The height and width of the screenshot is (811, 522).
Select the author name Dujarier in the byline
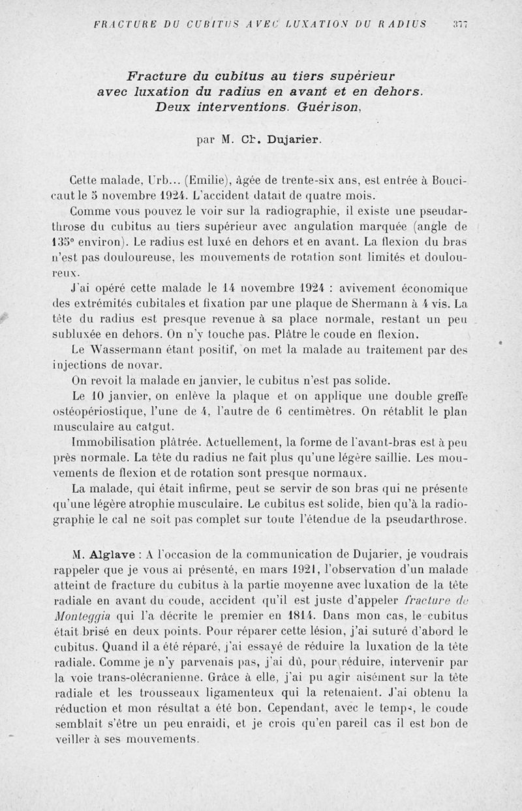[290, 139]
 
